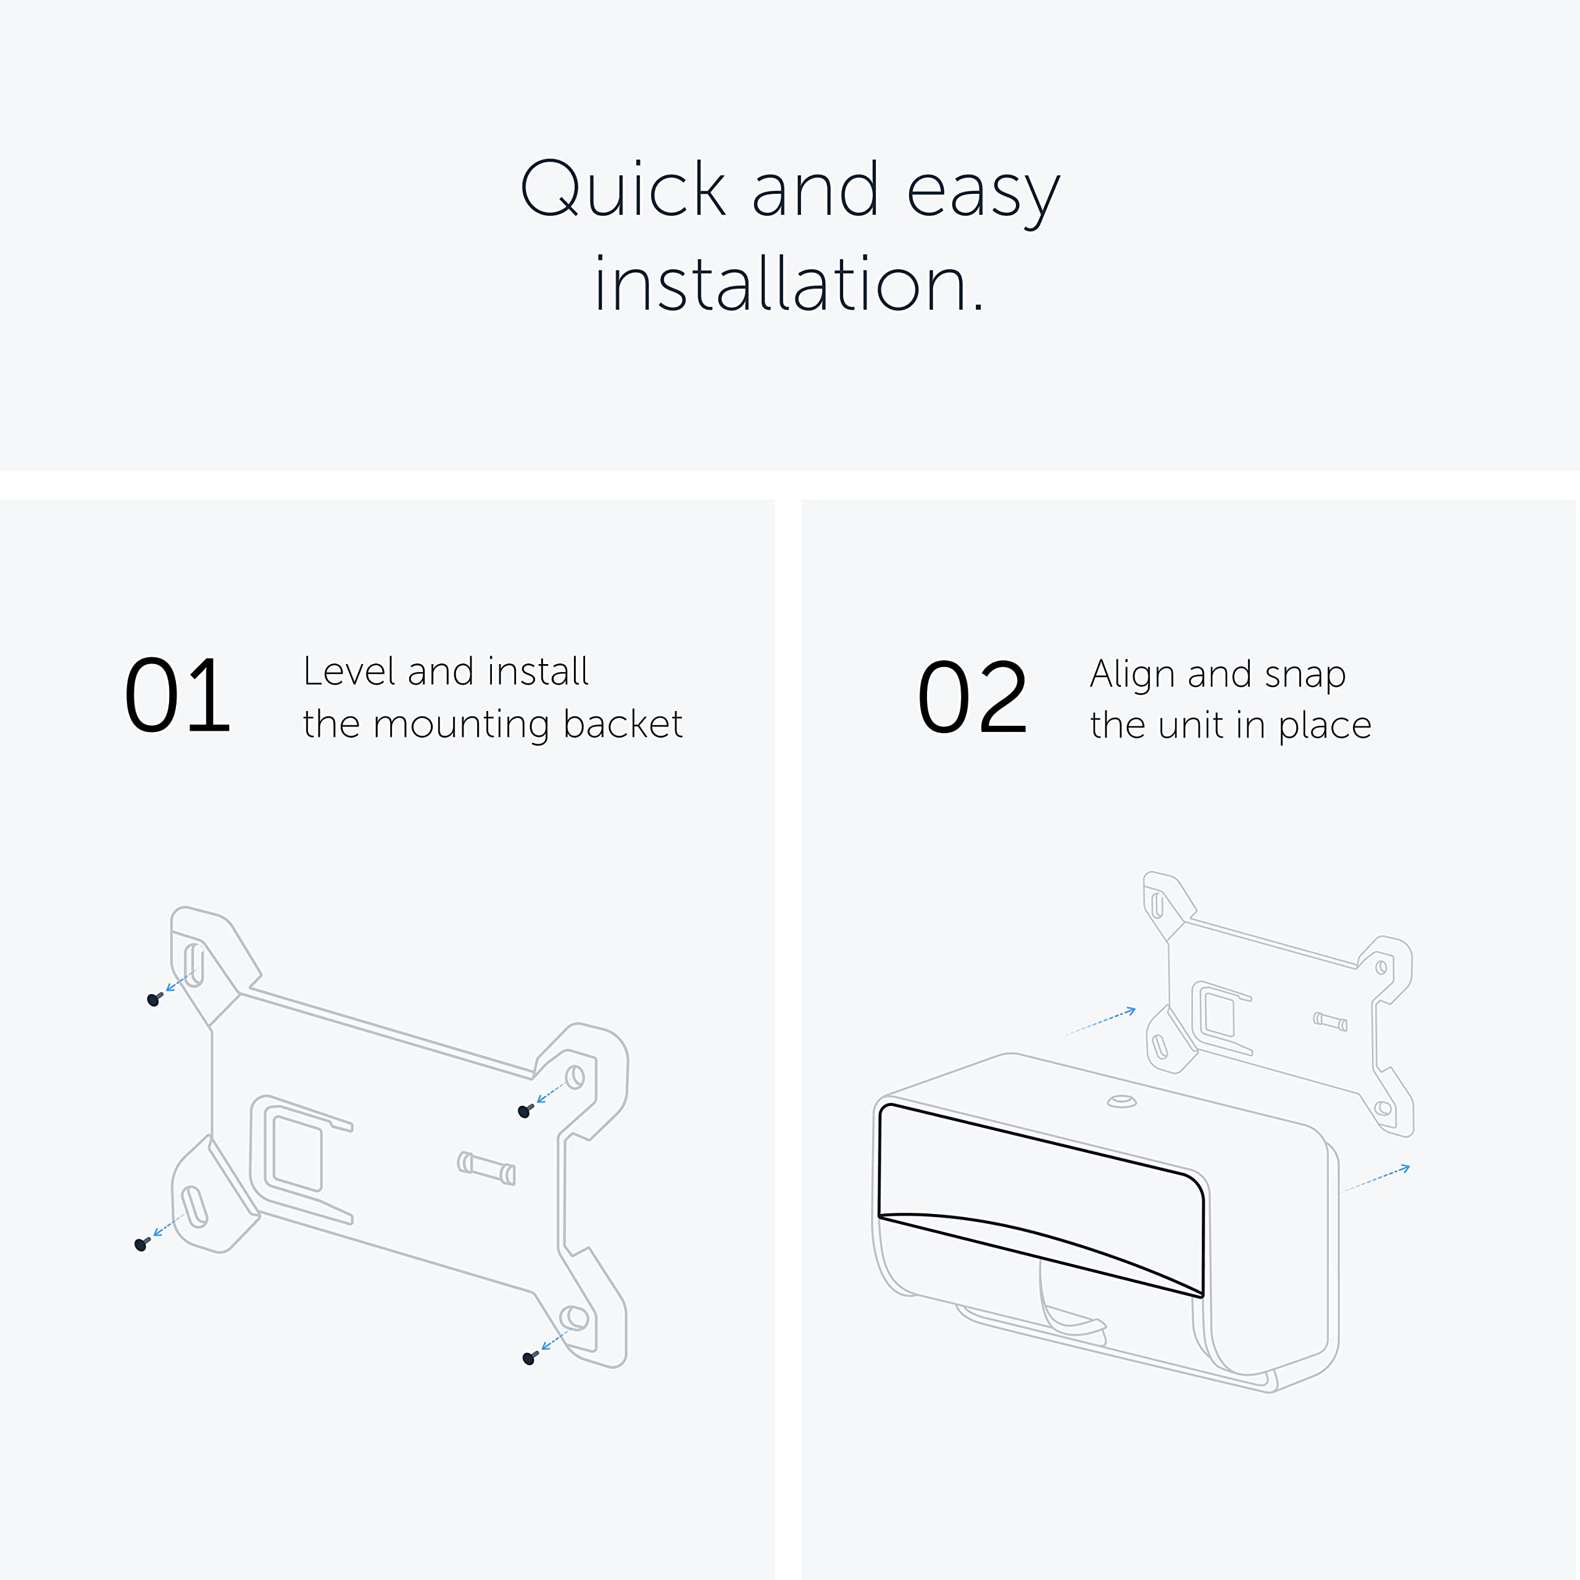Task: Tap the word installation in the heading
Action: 789,285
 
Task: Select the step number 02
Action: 971,697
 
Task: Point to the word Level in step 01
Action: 349,671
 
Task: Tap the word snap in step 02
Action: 1305,675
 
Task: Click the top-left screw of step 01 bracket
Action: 154,999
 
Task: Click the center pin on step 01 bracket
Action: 486,1168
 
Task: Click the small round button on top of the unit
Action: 1121,1102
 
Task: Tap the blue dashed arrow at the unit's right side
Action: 1376,1179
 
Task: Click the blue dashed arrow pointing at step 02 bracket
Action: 1100,1022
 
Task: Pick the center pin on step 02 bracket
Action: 1330,1021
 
